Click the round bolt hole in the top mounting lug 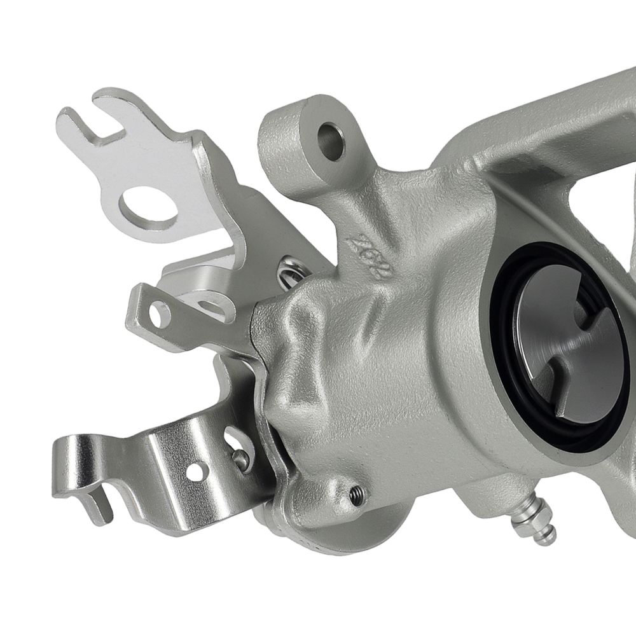click(331, 141)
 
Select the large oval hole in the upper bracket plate click(148, 209)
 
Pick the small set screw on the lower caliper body click(358, 494)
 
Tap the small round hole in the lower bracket click(196, 471)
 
